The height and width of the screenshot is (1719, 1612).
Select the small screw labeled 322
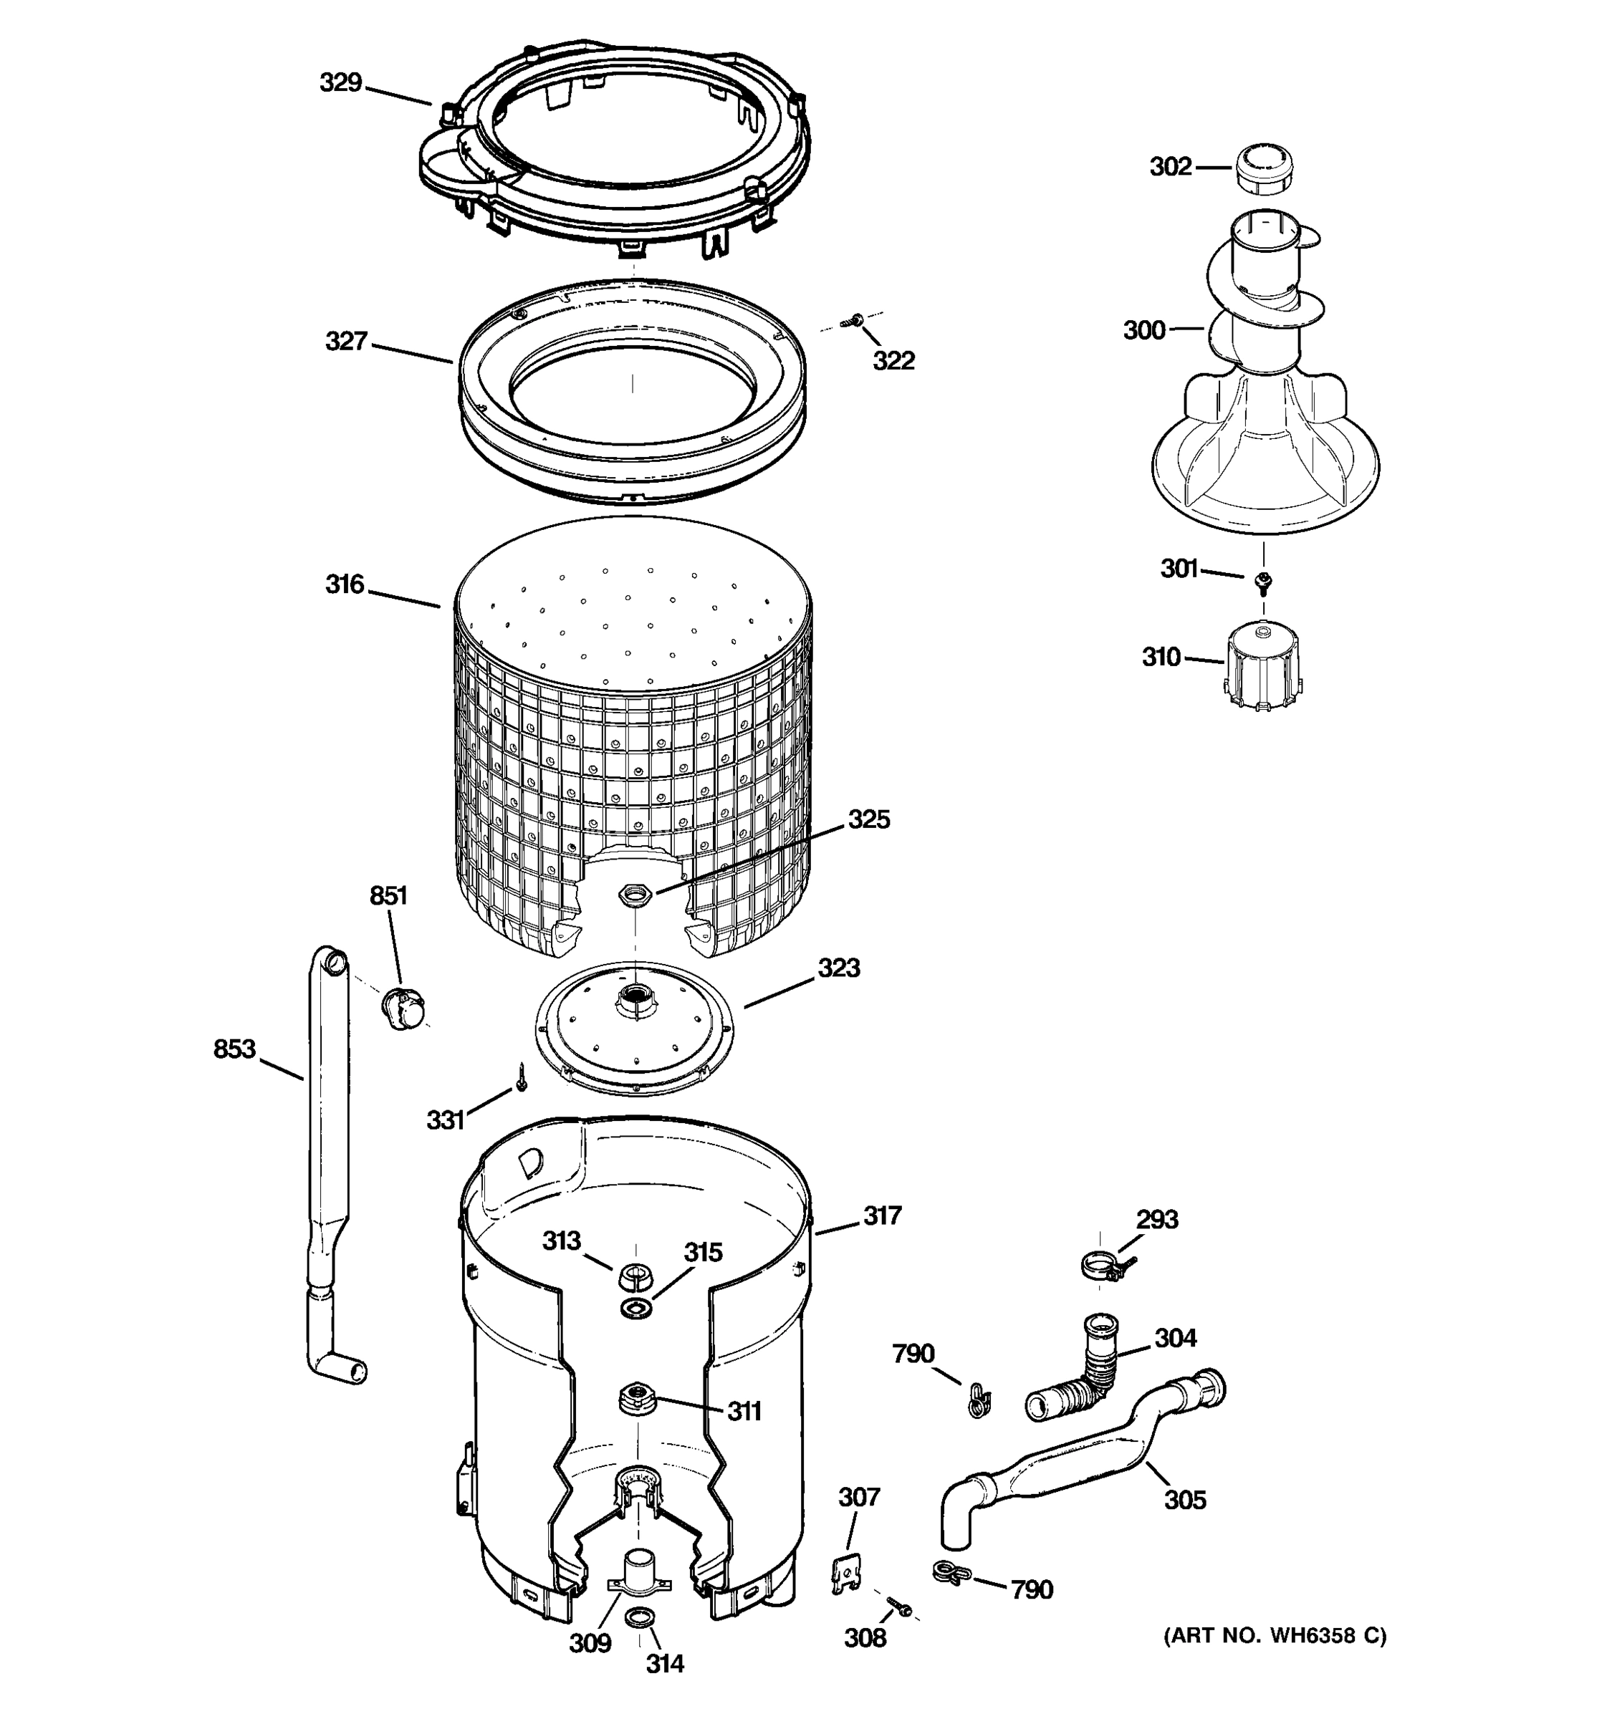coord(858,321)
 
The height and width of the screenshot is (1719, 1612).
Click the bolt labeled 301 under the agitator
coord(1264,581)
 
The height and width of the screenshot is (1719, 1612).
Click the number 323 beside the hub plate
coord(838,968)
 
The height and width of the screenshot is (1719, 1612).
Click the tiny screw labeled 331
coord(522,1077)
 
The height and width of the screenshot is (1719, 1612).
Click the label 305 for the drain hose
coord(1184,1499)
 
